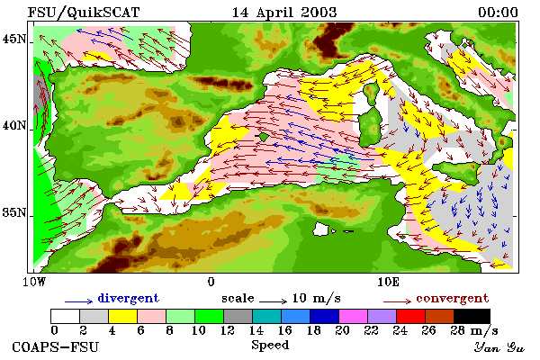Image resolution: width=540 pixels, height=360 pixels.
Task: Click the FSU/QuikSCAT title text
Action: (x=84, y=13)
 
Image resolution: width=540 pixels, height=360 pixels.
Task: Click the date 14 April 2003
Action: (x=284, y=13)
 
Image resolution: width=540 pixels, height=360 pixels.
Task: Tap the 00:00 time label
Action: (x=498, y=13)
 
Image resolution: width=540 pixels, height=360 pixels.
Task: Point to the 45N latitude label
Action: (x=14, y=39)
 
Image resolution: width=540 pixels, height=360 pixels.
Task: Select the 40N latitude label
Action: (x=14, y=125)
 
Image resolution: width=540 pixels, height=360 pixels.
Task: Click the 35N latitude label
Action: (x=14, y=212)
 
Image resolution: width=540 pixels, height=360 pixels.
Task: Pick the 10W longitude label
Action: (x=34, y=282)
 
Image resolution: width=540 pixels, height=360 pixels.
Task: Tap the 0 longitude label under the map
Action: (x=211, y=282)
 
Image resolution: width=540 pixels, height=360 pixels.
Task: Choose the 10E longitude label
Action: (x=389, y=282)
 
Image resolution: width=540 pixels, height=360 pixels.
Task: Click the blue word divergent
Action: (x=128, y=298)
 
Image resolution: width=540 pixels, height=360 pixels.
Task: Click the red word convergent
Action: (x=452, y=298)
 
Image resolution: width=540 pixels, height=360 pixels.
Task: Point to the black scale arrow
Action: (x=273, y=301)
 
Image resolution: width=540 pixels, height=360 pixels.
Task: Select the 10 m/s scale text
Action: (x=317, y=298)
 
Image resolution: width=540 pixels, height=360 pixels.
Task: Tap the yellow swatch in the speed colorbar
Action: (x=122, y=316)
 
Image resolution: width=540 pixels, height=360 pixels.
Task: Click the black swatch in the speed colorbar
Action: (x=472, y=316)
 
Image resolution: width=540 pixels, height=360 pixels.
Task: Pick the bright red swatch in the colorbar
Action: (x=410, y=316)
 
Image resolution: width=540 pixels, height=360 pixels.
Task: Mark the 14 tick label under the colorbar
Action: (x=256, y=330)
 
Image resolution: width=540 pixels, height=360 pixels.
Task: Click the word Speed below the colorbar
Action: (x=270, y=345)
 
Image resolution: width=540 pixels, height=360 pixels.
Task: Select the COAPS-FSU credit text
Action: (x=55, y=346)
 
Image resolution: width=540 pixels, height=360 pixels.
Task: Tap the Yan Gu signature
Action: (x=499, y=347)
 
